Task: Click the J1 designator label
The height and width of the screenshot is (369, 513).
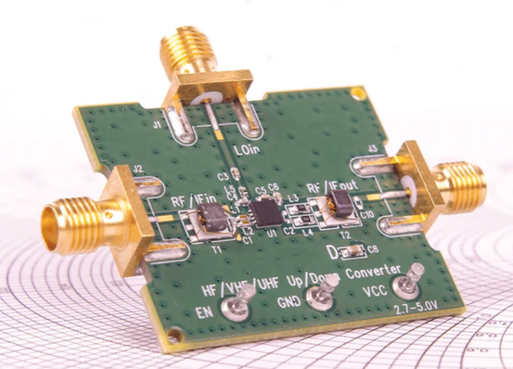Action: [x=158, y=125]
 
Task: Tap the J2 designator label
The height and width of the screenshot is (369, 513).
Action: [x=137, y=168]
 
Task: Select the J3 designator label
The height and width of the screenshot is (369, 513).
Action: [x=372, y=148]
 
